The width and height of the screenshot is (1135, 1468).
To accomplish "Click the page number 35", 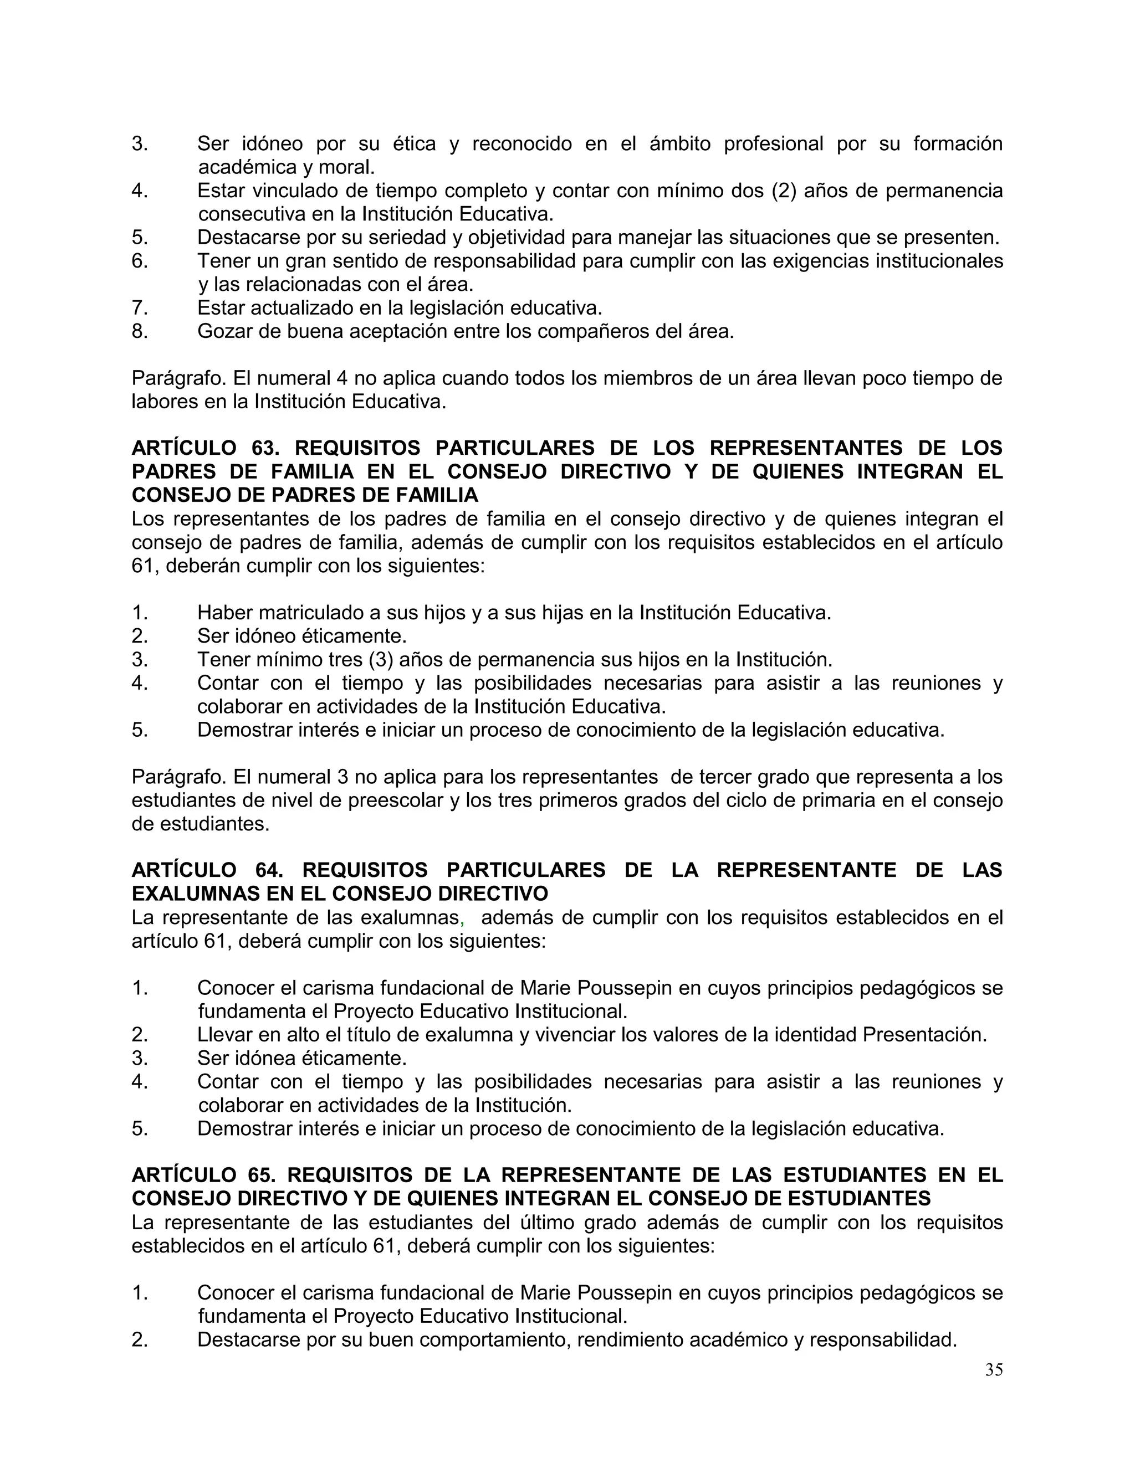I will point(993,1370).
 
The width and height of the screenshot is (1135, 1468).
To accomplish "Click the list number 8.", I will point(139,331).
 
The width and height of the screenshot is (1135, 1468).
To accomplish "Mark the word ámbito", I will point(680,144).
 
